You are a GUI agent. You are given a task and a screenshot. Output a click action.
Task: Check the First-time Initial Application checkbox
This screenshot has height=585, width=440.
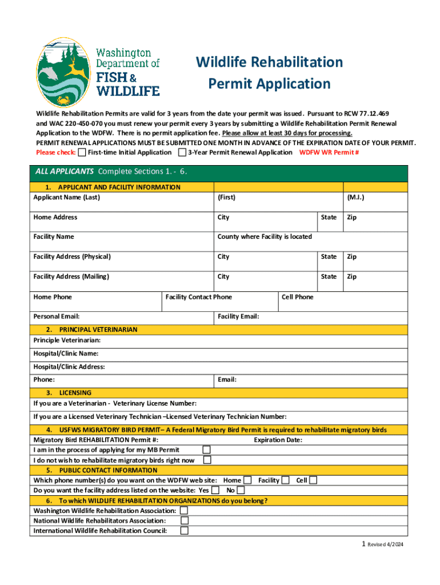pyautogui.click(x=82, y=153)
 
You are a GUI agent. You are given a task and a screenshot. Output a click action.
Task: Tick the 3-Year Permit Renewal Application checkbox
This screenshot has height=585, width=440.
pyautogui.click(x=182, y=153)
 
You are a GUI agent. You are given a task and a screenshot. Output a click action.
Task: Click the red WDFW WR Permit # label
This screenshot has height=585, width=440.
pyautogui.click(x=329, y=153)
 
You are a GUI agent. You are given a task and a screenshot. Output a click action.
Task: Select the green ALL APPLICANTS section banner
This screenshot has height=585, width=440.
pyautogui.click(x=220, y=171)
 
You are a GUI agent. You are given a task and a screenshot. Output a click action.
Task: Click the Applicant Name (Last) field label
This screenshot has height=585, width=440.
pyautogui.click(x=66, y=198)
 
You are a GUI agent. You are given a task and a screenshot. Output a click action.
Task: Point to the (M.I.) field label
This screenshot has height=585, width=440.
pyautogui.click(x=355, y=198)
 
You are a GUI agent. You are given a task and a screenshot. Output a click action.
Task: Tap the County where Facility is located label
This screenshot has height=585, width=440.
pyautogui.click(x=265, y=237)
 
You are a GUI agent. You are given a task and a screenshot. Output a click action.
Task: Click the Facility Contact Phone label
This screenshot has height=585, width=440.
pyautogui.click(x=198, y=297)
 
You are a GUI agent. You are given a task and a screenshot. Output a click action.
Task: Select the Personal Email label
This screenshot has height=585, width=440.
pyautogui.click(x=57, y=316)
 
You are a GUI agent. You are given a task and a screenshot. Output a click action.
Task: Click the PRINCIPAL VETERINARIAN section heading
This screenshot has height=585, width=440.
pyautogui.click(x=98, y=330)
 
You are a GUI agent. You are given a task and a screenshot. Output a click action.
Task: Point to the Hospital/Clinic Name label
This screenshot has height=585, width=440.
pyautogui.click(x=66, y=354)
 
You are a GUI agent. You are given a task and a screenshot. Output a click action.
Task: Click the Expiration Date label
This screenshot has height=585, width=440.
pyautogui.click(x=278, y=440)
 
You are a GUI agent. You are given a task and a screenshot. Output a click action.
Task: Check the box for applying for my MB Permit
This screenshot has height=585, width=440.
pyautogui.click(x=207, y=450)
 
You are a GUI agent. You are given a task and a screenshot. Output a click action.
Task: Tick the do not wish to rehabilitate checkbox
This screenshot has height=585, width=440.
pyautogui.click(x=207, y=460)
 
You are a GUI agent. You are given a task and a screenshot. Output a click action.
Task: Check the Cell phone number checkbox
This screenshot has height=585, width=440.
pyautogui.click(x=313, y=480)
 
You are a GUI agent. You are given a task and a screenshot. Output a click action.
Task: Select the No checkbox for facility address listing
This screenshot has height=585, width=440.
pyautogui.click(x=241, y=490)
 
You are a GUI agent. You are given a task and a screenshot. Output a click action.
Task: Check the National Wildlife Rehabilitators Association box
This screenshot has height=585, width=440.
pyautogui.click(x=184, y=520)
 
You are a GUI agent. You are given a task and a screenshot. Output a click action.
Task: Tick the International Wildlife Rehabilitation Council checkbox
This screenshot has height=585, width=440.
pyautogui.click(x=184, y=531)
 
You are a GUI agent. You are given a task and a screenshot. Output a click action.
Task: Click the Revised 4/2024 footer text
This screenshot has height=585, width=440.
pyautogui.click(x=385, y=545)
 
